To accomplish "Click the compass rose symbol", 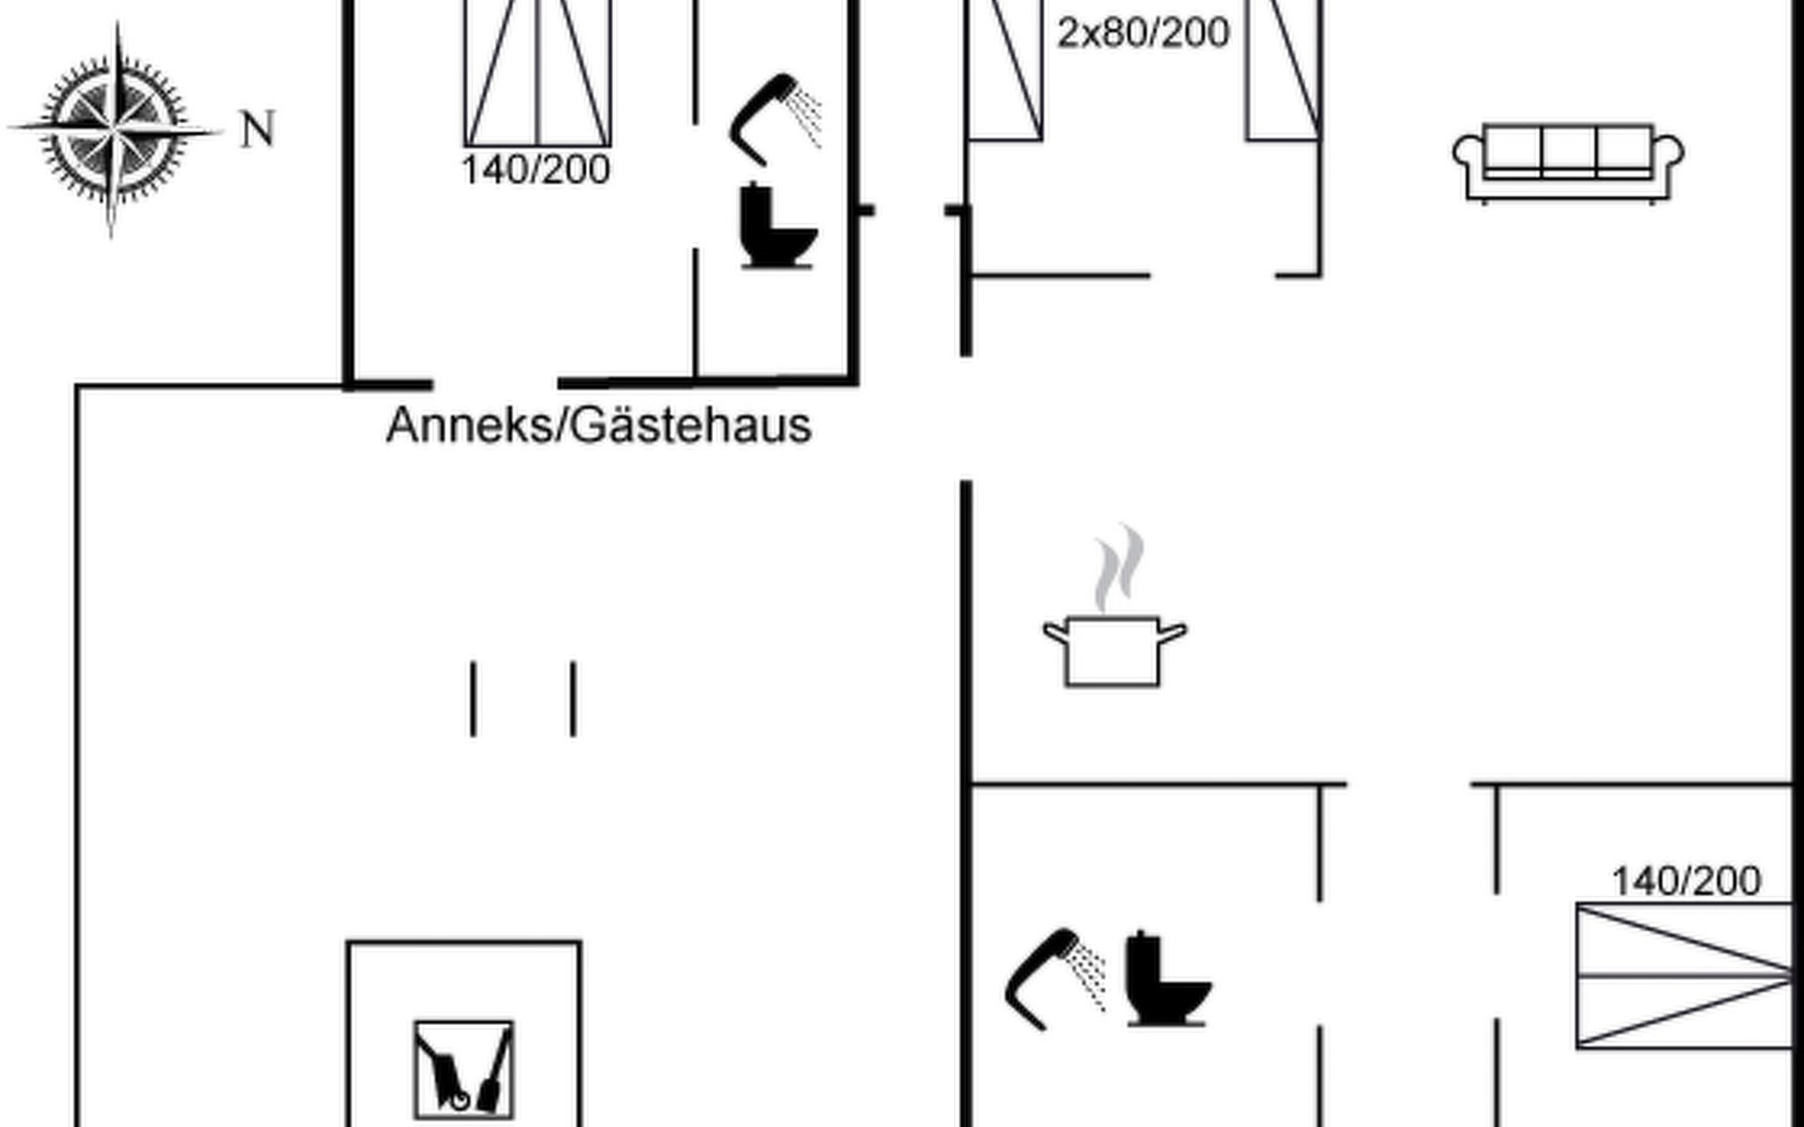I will [x=115, y=129].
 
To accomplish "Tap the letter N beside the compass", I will [x=257, y=130].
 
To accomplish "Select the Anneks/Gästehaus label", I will [x=599, y=425].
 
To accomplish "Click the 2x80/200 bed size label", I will [x=1143, y=34].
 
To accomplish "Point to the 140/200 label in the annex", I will [x=536, y=171].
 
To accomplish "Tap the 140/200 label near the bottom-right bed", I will [x=1686, y=882].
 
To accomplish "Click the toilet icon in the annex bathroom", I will [x=777, y=226].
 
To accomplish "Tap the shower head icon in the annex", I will [x=772, y=117].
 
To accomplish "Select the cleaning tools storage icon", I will [x=464, y=1070].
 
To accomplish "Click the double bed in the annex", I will [x=537, y=73].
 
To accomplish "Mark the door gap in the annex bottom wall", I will [x=495, y=383].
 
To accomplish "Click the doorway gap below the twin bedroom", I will [x=1212, y=275].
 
